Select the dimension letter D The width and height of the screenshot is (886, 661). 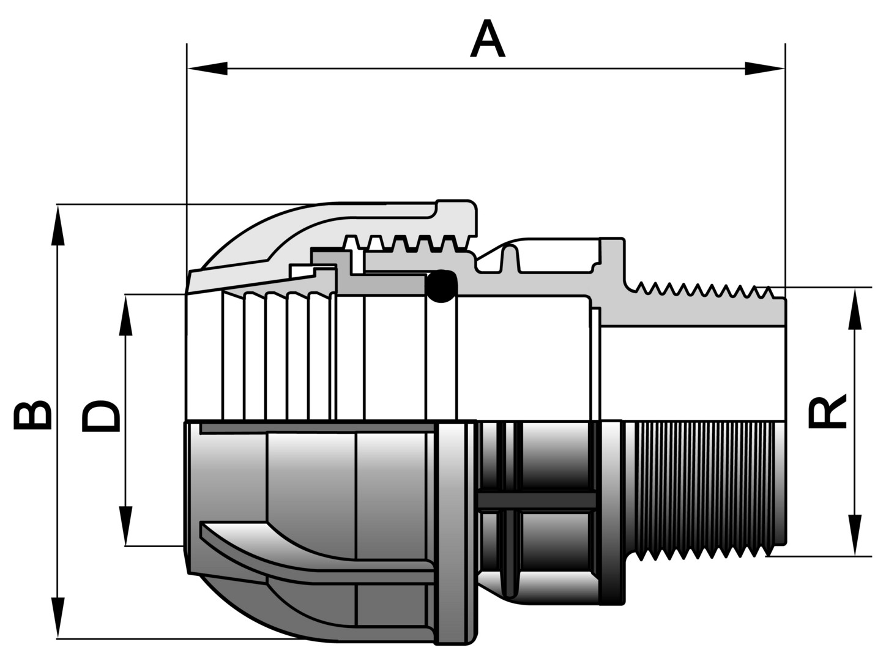pos(100,416)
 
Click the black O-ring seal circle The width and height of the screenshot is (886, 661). pos(441,286)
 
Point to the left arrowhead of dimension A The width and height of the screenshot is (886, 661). pos(208,69)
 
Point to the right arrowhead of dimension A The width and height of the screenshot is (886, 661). pos(764,69)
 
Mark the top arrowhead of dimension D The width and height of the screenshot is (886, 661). pos(127,316)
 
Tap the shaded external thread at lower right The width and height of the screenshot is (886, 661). pos(704,490)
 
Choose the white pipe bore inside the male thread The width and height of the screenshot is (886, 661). pos(691,373)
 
